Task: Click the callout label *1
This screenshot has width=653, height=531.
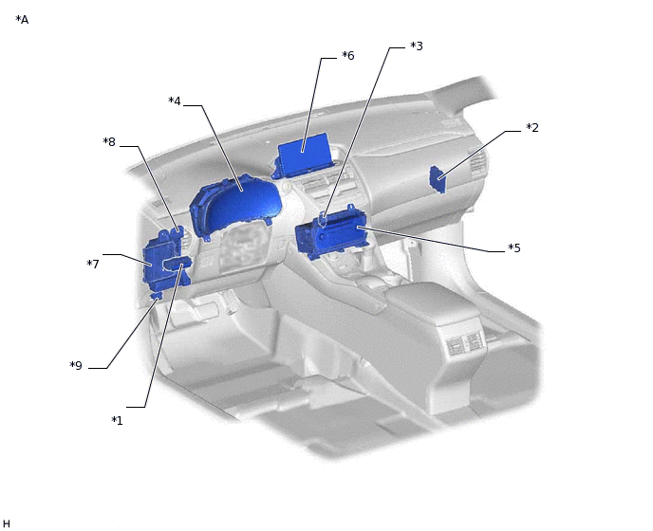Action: (117, 420)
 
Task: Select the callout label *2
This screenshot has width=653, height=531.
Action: (532, 128)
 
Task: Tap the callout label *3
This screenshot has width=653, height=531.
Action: (416, 46)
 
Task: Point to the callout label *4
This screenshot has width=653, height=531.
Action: (175, 101)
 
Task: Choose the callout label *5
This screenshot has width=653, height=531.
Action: (513, 248)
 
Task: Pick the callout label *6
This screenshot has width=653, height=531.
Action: (347, 56)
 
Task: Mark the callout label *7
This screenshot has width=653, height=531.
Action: (93, 264)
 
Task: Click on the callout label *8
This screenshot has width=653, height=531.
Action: (109, 142)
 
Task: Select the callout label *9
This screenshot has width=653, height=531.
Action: (76, 366)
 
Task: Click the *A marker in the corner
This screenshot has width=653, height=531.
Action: (22, 20)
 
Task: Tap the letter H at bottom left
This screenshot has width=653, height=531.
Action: (7, 523)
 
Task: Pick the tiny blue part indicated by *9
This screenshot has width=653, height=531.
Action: (156, 297)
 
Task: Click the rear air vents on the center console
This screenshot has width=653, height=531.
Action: (463, 344)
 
